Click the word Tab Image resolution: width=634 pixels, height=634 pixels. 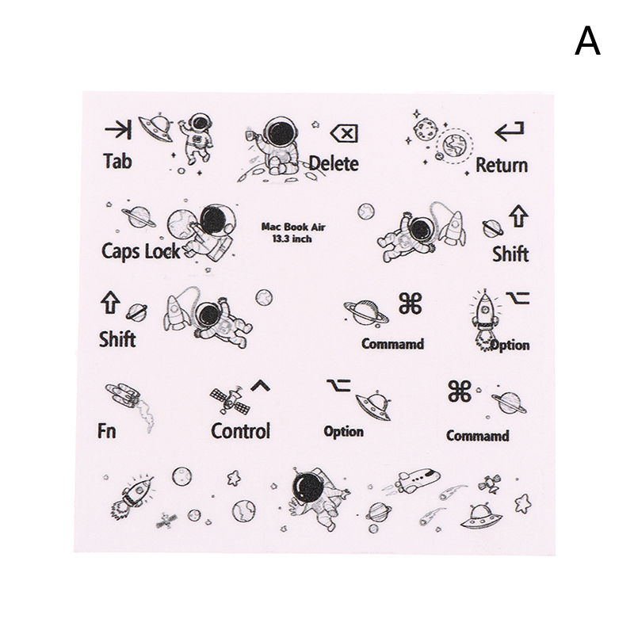[x=117, y=161]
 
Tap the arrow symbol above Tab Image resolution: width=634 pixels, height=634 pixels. [x=118, y=129]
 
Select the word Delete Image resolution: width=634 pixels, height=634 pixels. [x=334, y=163]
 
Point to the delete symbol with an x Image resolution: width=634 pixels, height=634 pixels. [x=343, y=132]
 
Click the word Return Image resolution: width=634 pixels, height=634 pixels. [x=501, y=165]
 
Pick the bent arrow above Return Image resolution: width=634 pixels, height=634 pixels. [x=508, y=132]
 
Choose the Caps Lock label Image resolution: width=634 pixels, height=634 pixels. [x=141, y=251]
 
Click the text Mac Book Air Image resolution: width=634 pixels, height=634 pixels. [x=293, y=226]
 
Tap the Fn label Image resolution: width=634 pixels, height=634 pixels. [x=107, y=432]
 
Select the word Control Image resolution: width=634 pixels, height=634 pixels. [x=240, y=430]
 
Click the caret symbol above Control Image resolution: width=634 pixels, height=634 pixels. [x=259, y=387]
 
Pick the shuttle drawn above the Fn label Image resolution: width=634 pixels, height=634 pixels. [x=123, y=395]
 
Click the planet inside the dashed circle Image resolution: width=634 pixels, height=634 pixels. [x=456, y=144]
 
